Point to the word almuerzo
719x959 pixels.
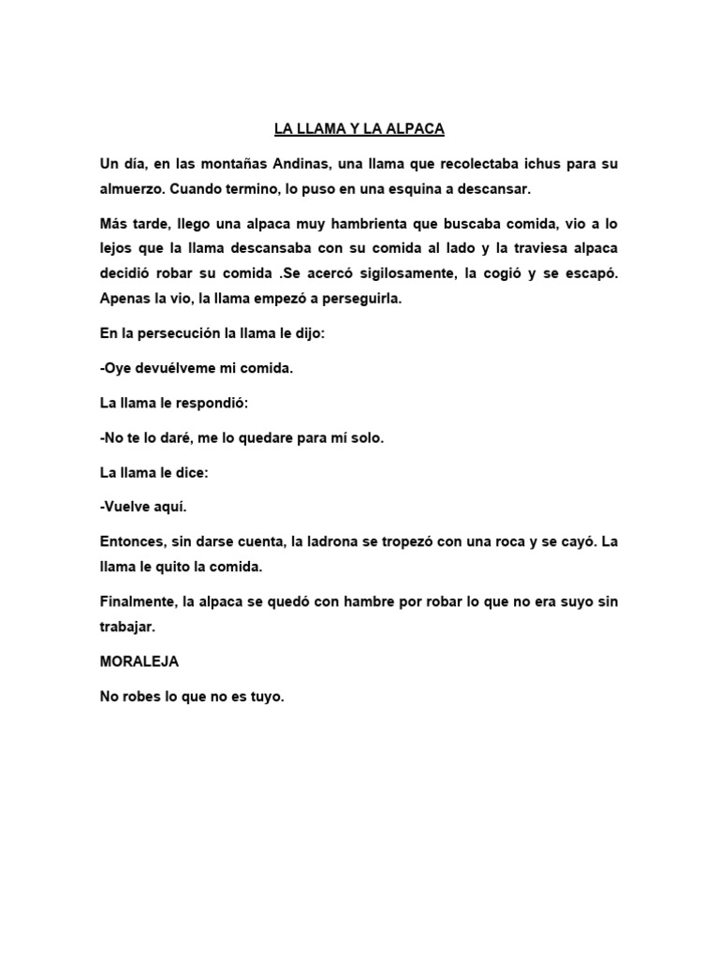coord(132,189)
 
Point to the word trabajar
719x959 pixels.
coord(127,627)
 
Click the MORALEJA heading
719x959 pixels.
coord(139,661)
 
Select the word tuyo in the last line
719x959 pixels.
coord(262,697)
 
